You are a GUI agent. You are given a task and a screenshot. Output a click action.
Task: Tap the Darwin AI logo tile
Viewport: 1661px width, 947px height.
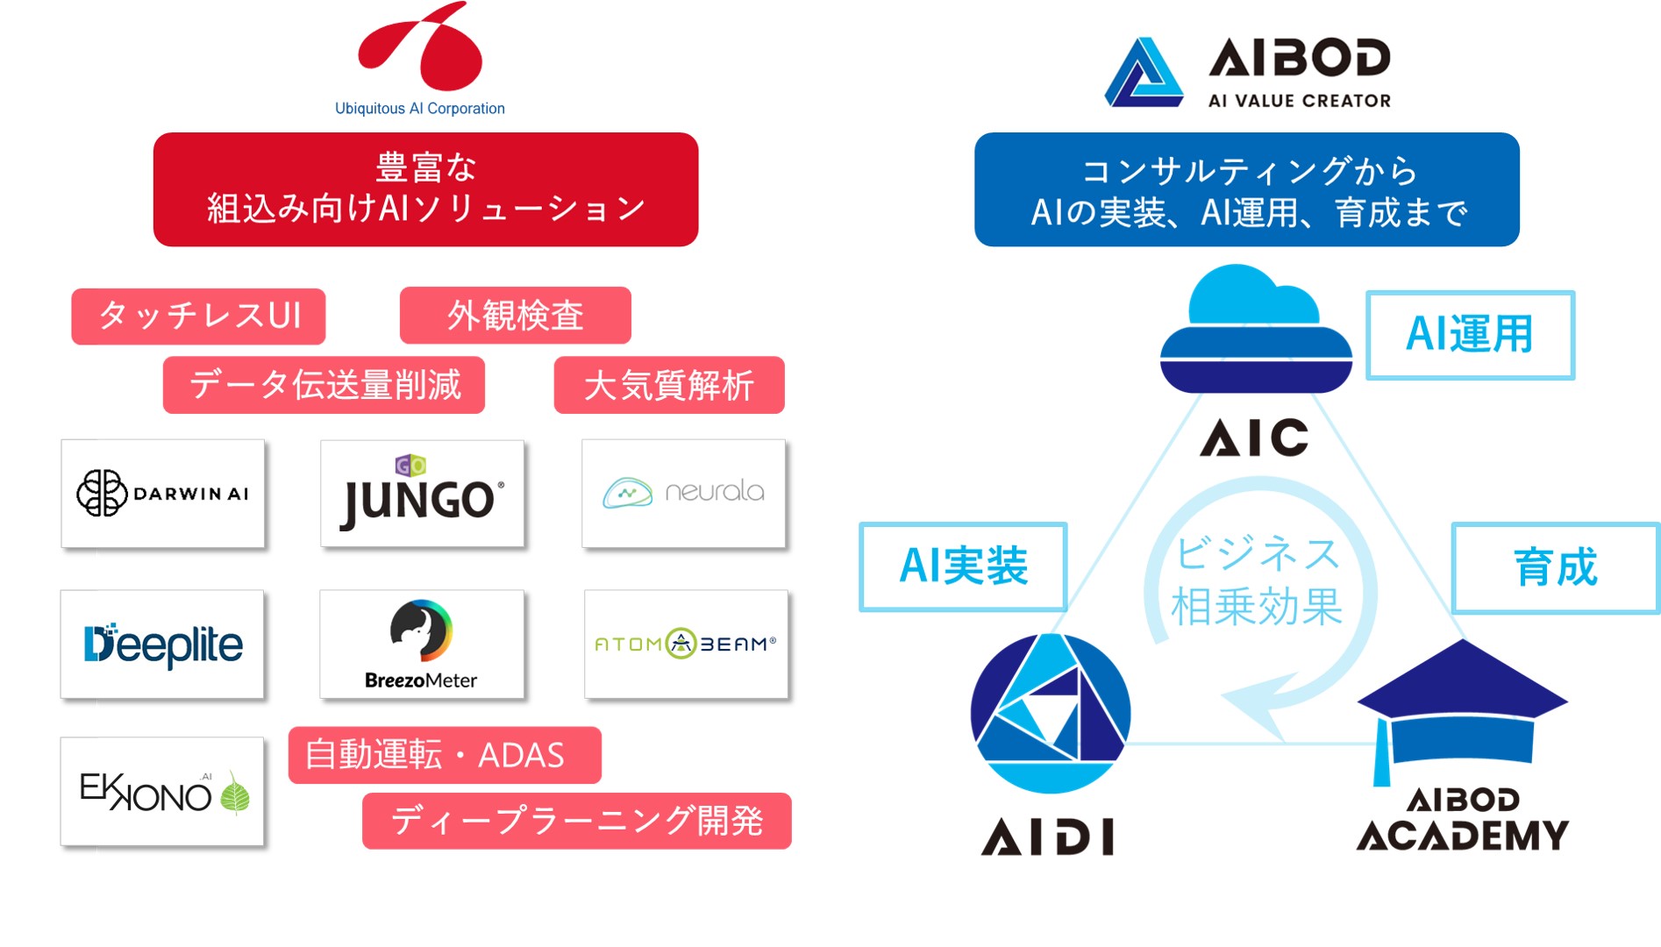tap(163, 494)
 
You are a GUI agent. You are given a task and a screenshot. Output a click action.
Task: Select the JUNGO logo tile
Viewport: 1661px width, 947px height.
tap(423, 494)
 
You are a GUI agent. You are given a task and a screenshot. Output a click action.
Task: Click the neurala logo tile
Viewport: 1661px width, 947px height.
tap(684, 494)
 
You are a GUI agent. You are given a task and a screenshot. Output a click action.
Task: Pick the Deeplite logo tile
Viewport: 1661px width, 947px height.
tap(162, 644)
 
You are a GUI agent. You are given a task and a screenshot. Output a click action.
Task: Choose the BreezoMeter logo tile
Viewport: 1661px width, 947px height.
tap(422, 644)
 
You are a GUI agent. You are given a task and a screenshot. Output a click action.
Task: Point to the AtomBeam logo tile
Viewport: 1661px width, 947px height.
tap(687, 644)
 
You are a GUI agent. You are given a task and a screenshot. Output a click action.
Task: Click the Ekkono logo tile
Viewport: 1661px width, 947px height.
tap(162, 792)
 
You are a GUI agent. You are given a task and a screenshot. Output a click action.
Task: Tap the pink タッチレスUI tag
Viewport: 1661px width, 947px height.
tap(198, 316)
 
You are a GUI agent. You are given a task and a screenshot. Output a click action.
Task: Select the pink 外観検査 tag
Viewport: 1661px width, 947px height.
tap(516, 316)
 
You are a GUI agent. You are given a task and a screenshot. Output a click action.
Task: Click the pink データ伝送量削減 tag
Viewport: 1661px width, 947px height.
tap(324, 385)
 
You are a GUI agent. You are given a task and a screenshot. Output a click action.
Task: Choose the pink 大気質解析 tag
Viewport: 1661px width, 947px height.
tap(669, 385)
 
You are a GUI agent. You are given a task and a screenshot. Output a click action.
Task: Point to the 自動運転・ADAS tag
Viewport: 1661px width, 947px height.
tap(445, 755)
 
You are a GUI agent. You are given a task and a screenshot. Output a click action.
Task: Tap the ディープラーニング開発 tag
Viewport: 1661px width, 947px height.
tap(577, 821)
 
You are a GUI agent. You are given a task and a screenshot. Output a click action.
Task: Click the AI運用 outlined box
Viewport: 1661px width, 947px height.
tap(1471, 335)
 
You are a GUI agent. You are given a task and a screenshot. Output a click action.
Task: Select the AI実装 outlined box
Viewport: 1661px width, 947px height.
tap(964, 566)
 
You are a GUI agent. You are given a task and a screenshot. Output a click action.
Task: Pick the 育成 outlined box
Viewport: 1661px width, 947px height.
tap(1556, 568)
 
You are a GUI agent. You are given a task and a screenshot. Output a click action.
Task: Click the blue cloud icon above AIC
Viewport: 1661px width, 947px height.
tap(1256, 329)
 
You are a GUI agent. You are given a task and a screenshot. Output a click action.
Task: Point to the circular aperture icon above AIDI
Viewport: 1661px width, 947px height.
tap(1051, 713)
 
